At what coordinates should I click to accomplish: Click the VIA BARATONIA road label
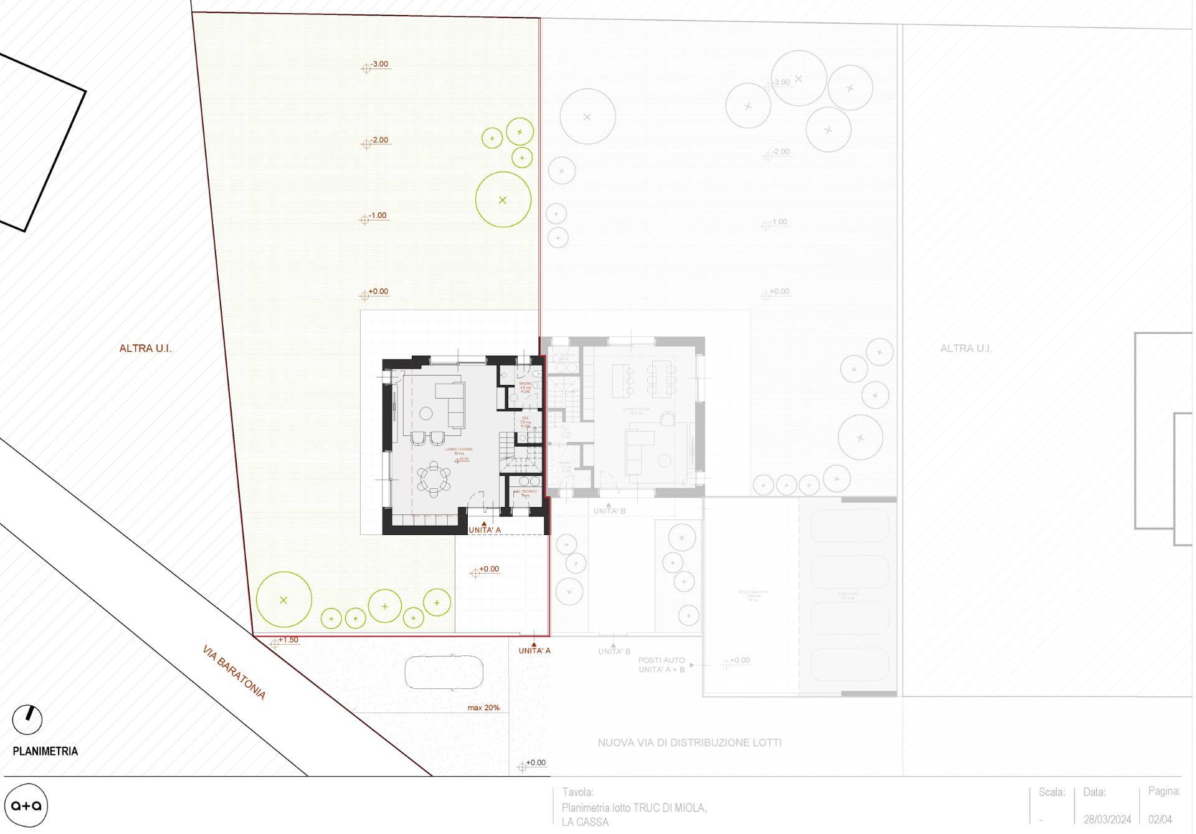(234, 673)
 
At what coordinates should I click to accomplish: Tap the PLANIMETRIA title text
(45, 751)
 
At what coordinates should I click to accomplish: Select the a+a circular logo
(26, 805)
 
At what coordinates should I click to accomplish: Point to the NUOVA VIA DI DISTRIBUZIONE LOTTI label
(690, 742)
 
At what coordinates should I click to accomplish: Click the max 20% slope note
(483, 708)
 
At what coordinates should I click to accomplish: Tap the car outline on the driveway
(444, 671)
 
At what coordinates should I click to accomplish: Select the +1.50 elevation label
(288, 640)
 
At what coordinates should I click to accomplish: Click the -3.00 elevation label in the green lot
(379, 64)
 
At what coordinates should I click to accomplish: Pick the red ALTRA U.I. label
(145, 349)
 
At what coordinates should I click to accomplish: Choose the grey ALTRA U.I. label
(966, 349)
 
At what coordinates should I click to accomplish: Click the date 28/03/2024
(1106, 820)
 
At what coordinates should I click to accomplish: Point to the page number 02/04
(1160, 820)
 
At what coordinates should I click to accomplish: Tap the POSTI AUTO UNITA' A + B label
(662, 665)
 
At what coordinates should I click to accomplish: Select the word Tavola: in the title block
(577, 792)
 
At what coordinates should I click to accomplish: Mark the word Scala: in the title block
(1052, 792)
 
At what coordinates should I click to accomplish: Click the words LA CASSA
(585, 822)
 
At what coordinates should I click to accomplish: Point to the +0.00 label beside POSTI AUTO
(739, 660)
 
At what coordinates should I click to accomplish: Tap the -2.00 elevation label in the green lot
(379, 140)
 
